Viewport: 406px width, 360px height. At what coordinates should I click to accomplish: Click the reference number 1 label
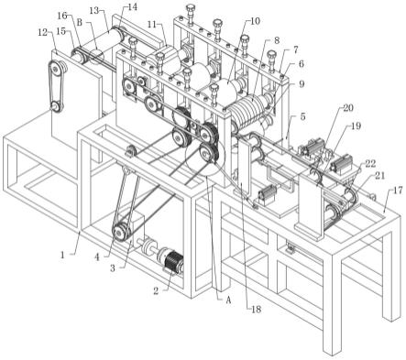[x=62, y=255]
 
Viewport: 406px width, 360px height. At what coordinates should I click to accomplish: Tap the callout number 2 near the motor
[x=156, y=290]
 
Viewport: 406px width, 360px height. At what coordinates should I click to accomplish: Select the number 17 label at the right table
[x=398, y=191]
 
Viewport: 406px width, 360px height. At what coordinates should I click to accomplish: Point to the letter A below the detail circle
[x=227, y=300]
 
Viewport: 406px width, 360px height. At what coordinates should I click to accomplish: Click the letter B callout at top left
[x=80, y=22]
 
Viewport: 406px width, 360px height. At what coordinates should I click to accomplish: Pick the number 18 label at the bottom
[x=256, y=310]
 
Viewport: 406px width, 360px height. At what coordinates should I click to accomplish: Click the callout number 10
[x=255, y=21]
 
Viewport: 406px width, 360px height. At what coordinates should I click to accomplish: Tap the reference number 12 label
[x=43, y=32]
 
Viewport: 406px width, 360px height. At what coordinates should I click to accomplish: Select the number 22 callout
[x=370, y=163]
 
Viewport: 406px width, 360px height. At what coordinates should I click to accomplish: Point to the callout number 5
[x=302, y=116]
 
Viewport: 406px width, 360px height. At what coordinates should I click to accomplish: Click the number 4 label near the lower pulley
[x=97, y=257]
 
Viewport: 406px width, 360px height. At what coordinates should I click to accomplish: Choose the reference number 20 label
[x=348, y=108]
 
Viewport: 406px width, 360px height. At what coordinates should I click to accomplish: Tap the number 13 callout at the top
[x=94, y=10]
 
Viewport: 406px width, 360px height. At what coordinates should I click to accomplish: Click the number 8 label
[x=277, y=40]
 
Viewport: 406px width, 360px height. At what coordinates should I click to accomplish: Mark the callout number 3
[x=113, y=267]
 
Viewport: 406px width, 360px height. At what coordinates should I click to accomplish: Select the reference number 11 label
[x=152, y=24]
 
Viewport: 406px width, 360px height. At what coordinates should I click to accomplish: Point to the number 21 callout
[x=380, y=176]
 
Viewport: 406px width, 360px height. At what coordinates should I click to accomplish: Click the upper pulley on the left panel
[x=56, y=70]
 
